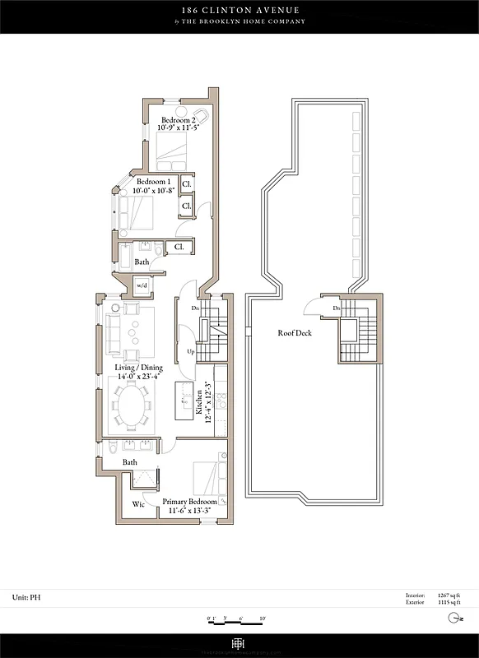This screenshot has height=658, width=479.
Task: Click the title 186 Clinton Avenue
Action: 239,10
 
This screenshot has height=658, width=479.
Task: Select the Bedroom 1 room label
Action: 154,182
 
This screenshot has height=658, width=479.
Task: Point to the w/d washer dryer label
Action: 142,285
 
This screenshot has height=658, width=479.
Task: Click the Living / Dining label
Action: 139,368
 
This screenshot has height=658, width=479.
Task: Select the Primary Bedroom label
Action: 189,502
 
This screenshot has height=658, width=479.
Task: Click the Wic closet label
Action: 138,505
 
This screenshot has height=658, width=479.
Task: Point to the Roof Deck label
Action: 291,334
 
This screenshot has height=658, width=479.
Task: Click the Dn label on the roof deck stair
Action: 337,308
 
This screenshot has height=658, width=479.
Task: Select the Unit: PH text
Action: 27,596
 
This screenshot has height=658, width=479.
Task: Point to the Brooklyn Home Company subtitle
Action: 239,21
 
